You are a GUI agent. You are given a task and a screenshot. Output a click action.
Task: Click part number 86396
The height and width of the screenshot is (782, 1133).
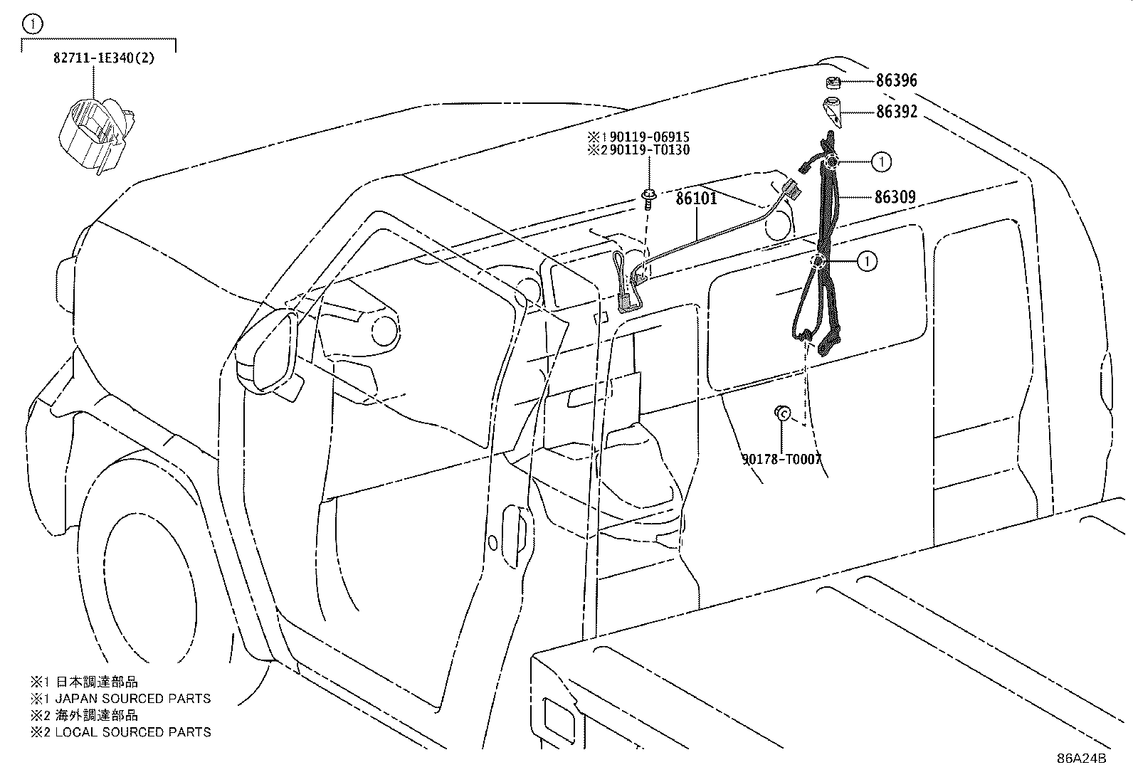(896, 80)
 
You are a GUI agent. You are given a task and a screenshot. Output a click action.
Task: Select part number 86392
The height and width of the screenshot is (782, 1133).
(896, 112)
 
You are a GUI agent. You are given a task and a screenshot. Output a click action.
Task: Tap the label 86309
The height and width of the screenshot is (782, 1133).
(895, 197)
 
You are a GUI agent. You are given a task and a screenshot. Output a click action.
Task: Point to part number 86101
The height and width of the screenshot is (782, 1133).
(697, 199)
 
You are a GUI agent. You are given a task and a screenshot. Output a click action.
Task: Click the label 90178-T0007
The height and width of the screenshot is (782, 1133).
(781, 459)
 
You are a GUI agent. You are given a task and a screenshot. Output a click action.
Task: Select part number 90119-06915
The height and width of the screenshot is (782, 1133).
(650, 137)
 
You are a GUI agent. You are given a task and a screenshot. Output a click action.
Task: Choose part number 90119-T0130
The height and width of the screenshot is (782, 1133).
(650, 149)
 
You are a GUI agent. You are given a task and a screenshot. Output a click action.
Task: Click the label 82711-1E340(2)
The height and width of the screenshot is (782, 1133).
(104, 58)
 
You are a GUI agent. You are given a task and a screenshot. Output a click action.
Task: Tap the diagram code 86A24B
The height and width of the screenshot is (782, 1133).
(1081, 759)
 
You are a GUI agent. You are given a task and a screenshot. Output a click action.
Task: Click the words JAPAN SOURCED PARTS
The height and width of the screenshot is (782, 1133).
(132, 699)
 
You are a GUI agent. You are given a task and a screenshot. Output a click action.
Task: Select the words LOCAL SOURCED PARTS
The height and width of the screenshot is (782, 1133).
(132, 732)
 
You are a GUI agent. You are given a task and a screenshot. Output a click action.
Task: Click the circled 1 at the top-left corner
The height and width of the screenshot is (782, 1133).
(33, 23)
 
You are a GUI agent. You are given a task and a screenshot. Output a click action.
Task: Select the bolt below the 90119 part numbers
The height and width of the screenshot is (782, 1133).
(648, 199)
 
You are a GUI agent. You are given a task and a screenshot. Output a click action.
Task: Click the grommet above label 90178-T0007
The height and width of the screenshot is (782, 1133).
(782, 413)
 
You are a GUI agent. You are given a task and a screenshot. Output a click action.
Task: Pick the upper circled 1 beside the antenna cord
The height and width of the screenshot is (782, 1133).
(882, 162)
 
